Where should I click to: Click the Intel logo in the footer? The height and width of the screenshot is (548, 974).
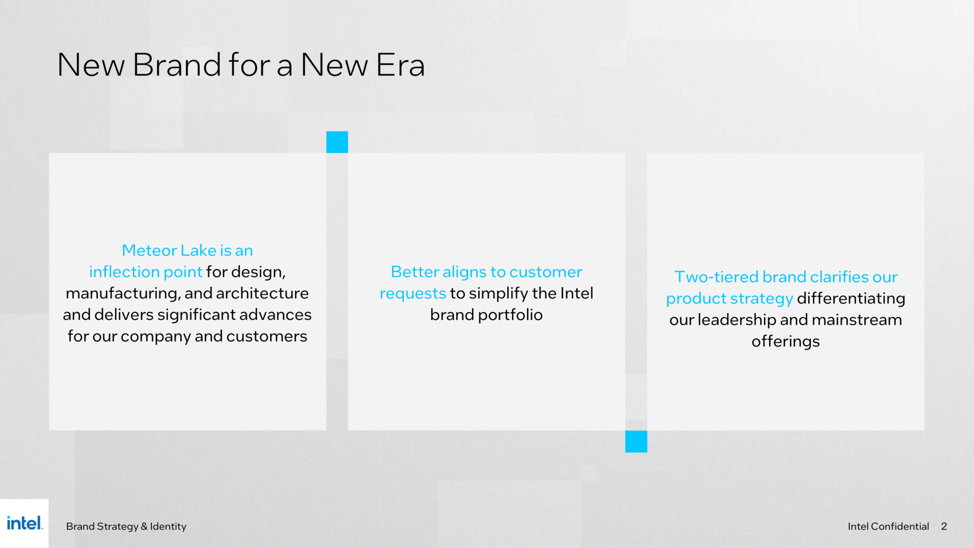pos(24,523)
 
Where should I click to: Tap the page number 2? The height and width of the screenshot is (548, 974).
pos(944,526)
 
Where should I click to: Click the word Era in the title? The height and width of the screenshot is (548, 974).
pos(401,65)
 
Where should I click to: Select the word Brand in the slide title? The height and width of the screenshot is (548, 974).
pos(178,65)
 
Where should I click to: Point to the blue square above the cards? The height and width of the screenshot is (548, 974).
pos(337,142)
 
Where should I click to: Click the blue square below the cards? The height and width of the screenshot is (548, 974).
pos(636,441)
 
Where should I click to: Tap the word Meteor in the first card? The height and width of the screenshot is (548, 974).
pos(150,250)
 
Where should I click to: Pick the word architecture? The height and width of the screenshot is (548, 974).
pos(262,293)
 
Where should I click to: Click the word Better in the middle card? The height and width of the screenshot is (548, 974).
pos(415,272)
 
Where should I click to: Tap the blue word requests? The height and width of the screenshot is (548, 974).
pos(413,294)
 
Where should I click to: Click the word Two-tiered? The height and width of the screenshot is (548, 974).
pos(716,277)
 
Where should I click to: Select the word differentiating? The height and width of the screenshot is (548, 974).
pos(851,298)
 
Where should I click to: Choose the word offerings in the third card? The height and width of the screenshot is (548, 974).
pos(786,341)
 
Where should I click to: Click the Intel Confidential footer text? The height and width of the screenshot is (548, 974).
pos(888,526)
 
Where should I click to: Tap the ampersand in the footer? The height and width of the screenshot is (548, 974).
pos(144,526)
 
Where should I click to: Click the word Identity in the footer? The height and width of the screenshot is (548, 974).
pos(168,527)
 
